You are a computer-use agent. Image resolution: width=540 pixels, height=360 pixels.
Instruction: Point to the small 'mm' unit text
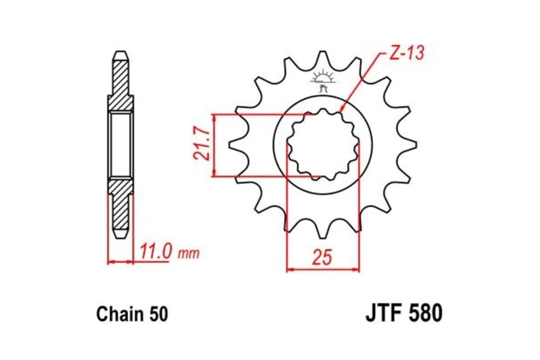(189, 253)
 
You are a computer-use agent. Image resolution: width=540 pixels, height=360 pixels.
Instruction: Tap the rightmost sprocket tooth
(413, 145)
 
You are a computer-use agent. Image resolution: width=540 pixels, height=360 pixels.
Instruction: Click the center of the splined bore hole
(323, 145)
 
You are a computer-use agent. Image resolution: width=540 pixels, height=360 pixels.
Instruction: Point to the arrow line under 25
(323, 270)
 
